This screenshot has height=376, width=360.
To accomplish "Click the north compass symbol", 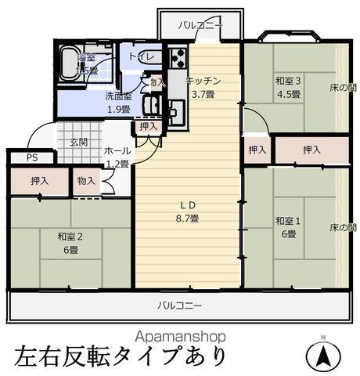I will (x=323, y=357).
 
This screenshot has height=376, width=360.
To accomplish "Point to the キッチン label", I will (x=203, y=81).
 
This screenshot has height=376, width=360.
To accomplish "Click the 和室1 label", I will (x=285, y=220).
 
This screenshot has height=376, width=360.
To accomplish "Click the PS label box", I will (x=31, y=157).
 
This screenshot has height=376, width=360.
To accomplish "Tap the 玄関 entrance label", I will (x=79, y=142).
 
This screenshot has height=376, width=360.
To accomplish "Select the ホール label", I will (x=117, y=150).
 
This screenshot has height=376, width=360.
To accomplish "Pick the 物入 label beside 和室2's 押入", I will (x=87, y=181).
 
